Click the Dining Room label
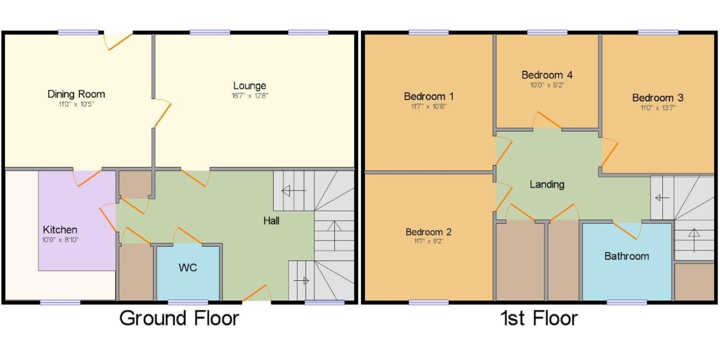76,94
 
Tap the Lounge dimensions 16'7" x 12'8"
250,96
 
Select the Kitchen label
60,230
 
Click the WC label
188,267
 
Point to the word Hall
271,221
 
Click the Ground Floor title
179,318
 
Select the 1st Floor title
539,318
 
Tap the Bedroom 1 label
429,96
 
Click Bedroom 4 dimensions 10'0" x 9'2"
547,85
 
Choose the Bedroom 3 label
658,98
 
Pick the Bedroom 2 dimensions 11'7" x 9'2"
429,241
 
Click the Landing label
547,184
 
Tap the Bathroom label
626,256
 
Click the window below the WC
188,302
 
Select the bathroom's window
627,302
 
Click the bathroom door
627,231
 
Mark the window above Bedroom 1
429,33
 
